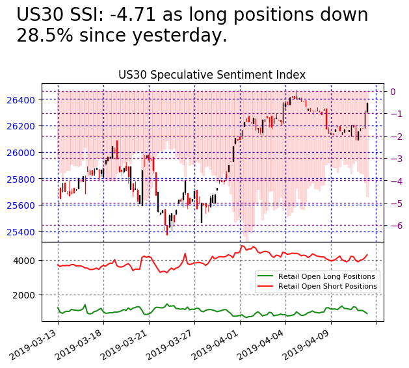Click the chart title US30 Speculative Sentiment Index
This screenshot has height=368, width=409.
point(211,75)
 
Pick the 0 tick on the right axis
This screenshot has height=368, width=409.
point(393,91)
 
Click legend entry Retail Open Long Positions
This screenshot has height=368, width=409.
point(326,276)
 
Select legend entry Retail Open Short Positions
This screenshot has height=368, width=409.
point(327,287)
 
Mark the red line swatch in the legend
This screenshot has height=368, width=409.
point(265,287)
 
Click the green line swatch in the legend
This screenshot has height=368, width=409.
point(265,276)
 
